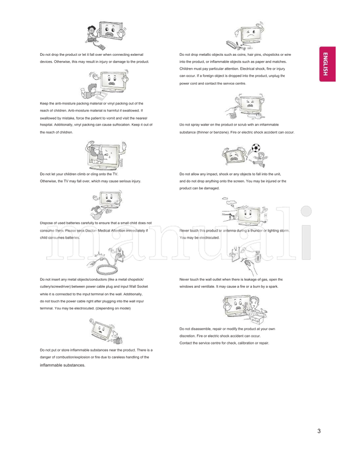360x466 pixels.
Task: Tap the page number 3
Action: [319, 431]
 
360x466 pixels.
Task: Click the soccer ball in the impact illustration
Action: [256, 147]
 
